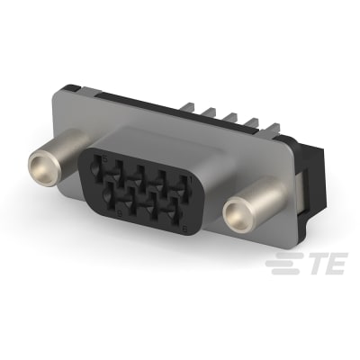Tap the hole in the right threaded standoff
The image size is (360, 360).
point(238,214)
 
